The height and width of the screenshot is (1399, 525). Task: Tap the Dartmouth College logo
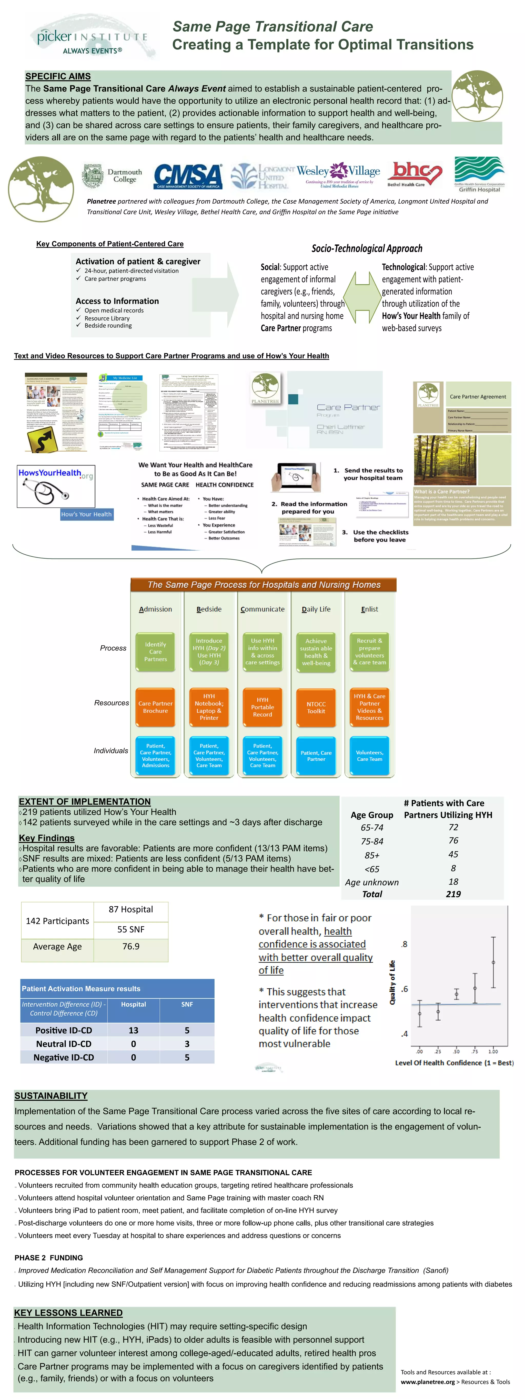(112, 175)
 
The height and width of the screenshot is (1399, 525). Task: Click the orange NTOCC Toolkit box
(316, 707)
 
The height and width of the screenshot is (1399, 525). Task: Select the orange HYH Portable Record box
(262, 707)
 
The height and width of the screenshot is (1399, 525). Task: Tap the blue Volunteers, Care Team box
(370, 755)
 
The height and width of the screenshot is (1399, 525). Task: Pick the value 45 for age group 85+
(453, 854)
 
